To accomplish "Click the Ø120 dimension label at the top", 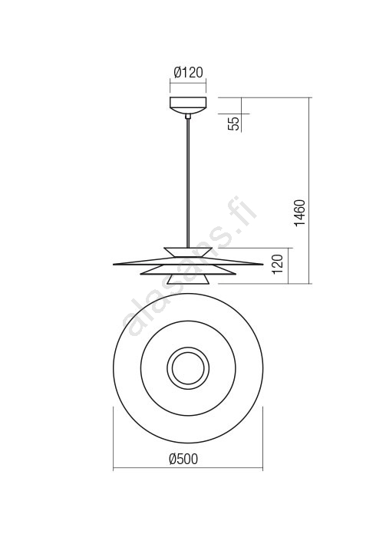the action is coord(188,73).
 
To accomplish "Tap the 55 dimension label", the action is coord(235,124).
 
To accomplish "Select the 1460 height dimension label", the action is coord(299,212).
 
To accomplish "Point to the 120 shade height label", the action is coord(278,264).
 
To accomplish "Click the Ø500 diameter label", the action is coord(184,459).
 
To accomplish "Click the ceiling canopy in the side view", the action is coord(188,105).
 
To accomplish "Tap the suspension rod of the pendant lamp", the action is coord(188,183).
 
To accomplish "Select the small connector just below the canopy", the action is coord(188,116).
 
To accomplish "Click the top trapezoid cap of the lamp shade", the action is coord(188,252).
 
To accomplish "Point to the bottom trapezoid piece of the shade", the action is coord(188,279).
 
